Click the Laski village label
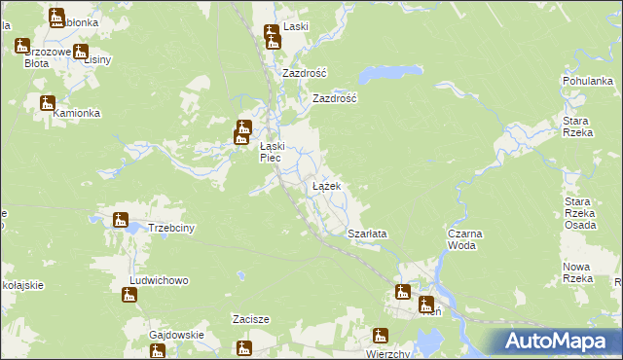click(x=295, y=27)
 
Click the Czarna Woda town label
click(x=465, y=239)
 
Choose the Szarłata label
click(x=368, y=234)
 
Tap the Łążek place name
click(x=325, y=185)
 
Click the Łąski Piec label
click(x=271, y=153)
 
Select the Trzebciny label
click(x=173, y=229)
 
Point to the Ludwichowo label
click(x=159, y=280)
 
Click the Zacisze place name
click(x=250, y=318)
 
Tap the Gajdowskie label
click(x=176, y=336)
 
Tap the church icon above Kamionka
click(x=47, y=103)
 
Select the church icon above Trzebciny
click(x=121, y=220)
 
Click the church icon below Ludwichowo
click(x=129, y=294)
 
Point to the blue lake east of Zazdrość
click(x=375, y=75)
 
